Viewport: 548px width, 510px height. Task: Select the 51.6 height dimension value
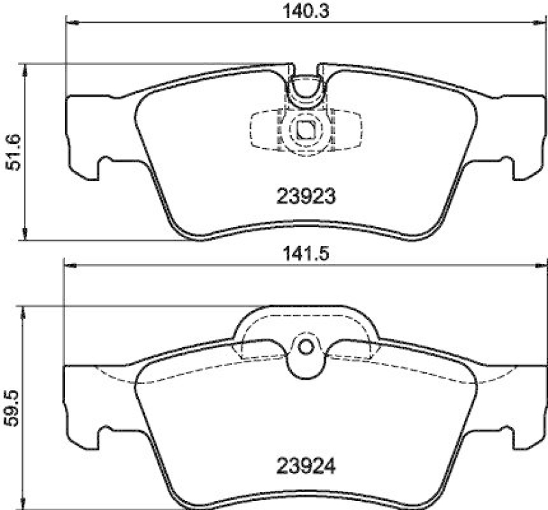click(12, 151)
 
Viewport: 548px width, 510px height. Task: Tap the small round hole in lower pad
click(306, 347)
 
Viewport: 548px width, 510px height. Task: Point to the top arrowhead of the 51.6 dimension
click(25, 69)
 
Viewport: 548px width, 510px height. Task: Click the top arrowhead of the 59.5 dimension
click(25, 312)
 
